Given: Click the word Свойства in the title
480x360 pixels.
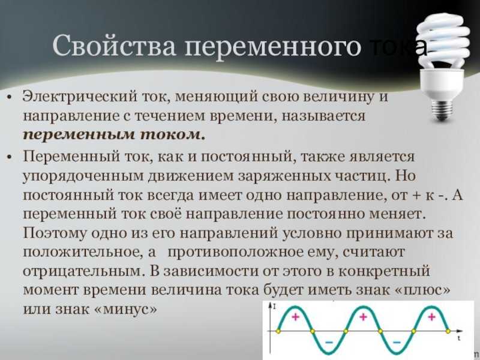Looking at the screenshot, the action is [114, 46].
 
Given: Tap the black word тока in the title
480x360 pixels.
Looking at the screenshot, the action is [398, 47].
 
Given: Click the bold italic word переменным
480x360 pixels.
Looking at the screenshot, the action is [79, 136].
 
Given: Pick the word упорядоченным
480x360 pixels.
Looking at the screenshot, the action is [83, 176].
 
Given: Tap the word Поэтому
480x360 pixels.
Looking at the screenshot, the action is [55, 233].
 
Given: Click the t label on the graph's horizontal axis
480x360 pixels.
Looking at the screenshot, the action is [459, 338].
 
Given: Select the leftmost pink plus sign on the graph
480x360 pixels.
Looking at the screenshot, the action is [295, 317].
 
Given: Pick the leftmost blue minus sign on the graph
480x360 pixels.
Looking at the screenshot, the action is [329, 342].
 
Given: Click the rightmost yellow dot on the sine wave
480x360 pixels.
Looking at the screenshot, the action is [448, 331].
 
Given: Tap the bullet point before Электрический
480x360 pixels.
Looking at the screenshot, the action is [9, 97].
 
